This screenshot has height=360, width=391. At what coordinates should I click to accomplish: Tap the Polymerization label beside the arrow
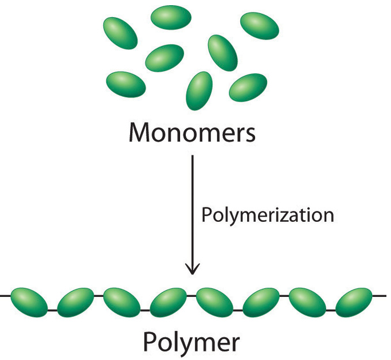click(x=267, y=216)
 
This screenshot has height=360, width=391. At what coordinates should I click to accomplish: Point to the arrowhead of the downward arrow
click(x=193, y=268)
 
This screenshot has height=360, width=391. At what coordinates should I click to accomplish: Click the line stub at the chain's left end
click(x=5, y=296)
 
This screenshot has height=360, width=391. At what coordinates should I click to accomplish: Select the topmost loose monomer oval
click(x=170, y=17)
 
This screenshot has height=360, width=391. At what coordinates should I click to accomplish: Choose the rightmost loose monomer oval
click(x=259, y=26)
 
